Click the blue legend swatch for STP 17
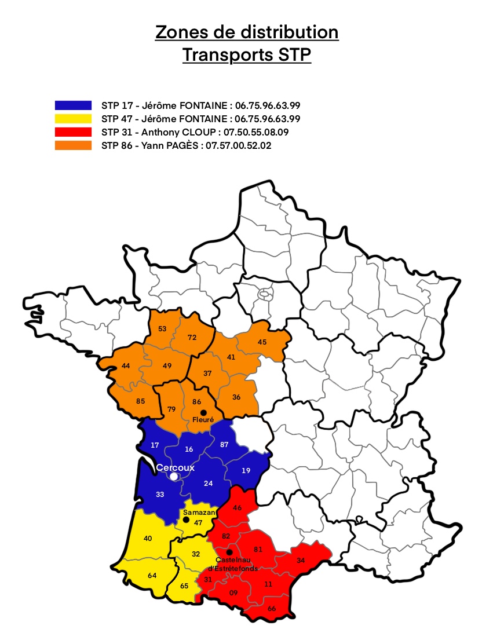(73, 105)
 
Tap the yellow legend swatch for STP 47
(73, 119)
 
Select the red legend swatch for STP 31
(73, 132)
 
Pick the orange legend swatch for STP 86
(73, 146)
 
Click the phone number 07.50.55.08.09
(256, 132)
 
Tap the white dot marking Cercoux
(173, 476)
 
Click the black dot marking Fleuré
(203, 412)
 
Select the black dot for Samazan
(186, 519)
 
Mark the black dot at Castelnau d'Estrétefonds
(229, 552)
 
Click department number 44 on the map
(125, 366)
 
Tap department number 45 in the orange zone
(262, 342)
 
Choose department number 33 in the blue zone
(159, 495)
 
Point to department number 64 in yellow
(152, 575)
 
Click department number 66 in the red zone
(272, 609)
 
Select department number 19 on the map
(246, 470)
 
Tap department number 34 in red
(300, 560)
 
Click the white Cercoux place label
(176, 467)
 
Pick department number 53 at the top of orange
(162, 329)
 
